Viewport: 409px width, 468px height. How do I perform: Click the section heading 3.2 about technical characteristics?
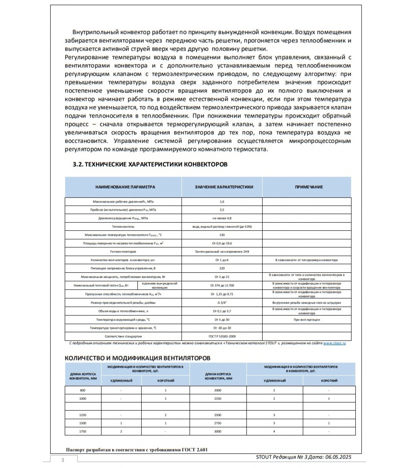pyautogui.click(x=150, y=164)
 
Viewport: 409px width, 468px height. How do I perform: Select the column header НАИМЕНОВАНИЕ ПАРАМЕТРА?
pyautogui.click(x=125, y=187)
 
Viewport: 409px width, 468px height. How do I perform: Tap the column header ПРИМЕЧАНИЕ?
pyautogui.click(x=309, y=187)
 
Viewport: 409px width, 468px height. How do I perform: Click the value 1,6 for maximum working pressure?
pyautogui.click(x=222, y=202)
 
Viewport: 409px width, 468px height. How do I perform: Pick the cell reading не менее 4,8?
pyautogui.click(x=222, y=218)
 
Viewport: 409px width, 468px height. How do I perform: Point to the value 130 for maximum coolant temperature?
pyautogui.click(x=222, y=235)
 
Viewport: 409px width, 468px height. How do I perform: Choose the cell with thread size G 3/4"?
pyautogui.click(x=222, y=303)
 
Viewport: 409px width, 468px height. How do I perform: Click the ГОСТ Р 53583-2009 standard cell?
pyautogui.click(x=222, y=337)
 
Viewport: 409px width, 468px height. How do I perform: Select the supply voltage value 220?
pyautogui.click(x=222, y=269)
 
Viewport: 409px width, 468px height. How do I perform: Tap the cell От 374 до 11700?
pyautogui.click(x=222, y=285)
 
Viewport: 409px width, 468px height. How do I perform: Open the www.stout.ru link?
pyautogui.click(x=335, y=343)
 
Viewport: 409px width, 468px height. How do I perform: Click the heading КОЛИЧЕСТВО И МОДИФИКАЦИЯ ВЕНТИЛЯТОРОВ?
pyautogui.click(x=137, y=358)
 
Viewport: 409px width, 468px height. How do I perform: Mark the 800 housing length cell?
pyautogui.click(x=83, y=390)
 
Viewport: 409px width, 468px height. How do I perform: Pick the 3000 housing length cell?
pyautogui.click(x=218, y=432)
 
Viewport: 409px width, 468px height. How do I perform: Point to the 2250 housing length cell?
pyautogui.click(x=218, y=399)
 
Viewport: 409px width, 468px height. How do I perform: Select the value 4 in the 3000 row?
pyautogui.click(x=274, y=432)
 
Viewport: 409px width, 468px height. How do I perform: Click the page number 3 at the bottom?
pyautogui.click(x=63, y=460)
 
